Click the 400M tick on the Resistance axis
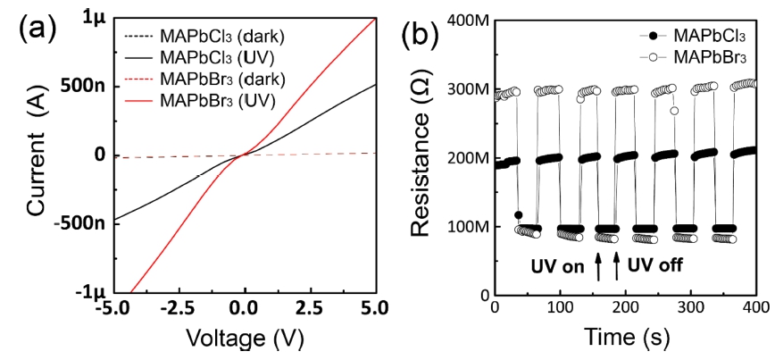coord(468,20)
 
